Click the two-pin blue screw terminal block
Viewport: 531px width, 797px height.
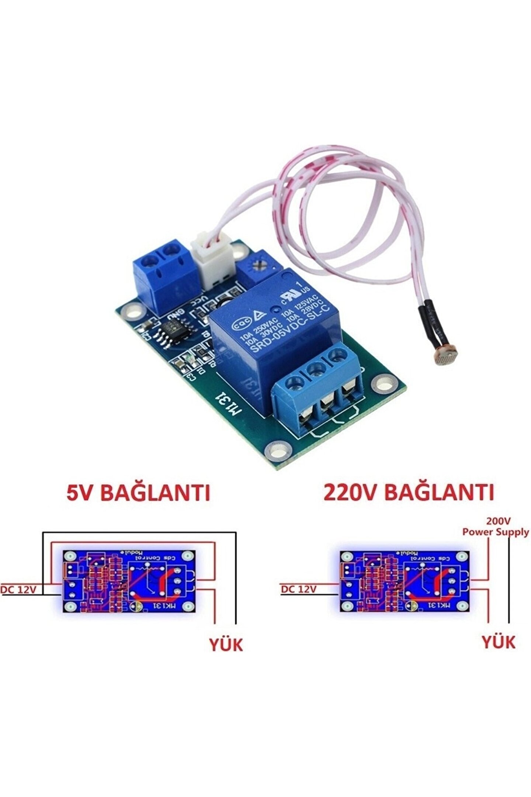(x=162, y=269)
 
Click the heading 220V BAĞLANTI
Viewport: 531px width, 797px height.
(x=408, y=492)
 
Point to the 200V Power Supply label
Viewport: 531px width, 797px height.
(x=495, y=527)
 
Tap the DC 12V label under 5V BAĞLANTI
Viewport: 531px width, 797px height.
(x=18, y=590)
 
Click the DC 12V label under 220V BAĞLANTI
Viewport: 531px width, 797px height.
(x=299, y=589)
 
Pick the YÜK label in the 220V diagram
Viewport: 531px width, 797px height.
(x=499, y=642)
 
